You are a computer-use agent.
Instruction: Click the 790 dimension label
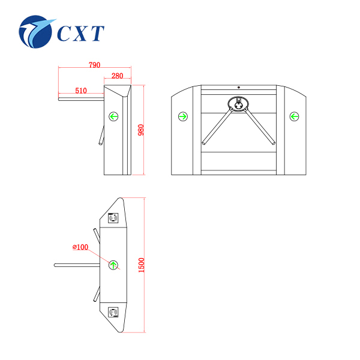click(94, 64)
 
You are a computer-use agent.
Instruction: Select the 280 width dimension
click(117, 76)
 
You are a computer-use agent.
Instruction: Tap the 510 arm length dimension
click(81, 91)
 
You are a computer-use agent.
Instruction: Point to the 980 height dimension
click(141, 130)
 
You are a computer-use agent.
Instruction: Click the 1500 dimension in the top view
click(142, 264)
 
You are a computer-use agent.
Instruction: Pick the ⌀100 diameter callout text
click(80, 247)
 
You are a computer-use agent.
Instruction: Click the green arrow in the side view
click(113, 116)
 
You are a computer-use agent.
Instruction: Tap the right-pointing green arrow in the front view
click(183, 116)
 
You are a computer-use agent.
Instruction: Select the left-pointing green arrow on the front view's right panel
click(294, 116)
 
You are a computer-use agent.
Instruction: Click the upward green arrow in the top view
click(113, 264)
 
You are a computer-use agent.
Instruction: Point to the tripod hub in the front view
click(239, 105)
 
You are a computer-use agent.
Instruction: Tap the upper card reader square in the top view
click(113, 218)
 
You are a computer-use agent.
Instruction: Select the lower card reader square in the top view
click(113, 311)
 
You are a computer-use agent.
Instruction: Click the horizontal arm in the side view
click(81, 96)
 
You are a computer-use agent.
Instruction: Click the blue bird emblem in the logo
click(38, 32)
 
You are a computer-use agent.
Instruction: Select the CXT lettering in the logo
click(81, 33)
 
